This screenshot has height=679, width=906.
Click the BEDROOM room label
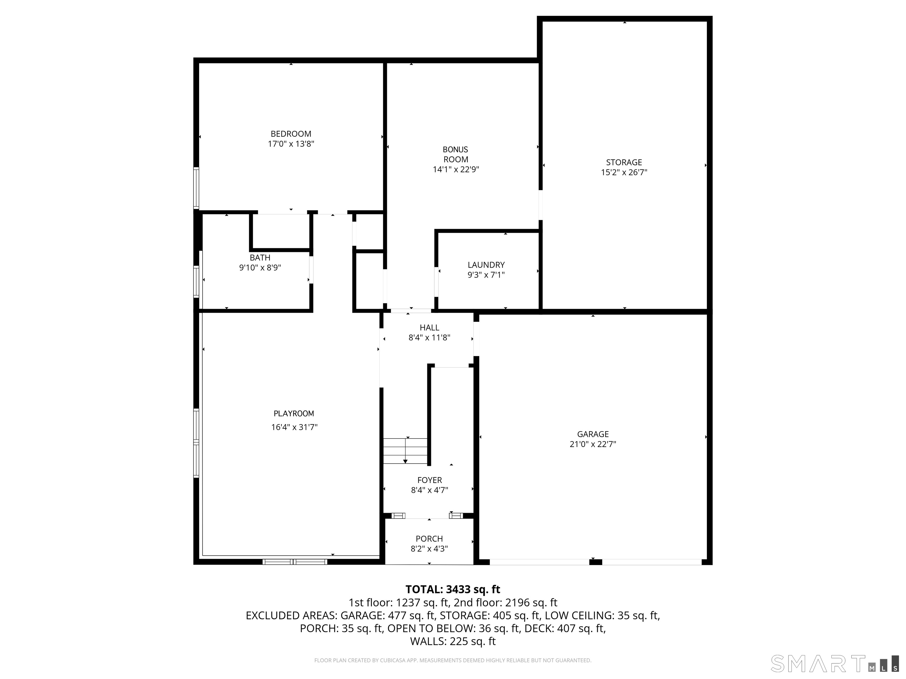291,134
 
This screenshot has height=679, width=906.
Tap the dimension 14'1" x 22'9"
455,169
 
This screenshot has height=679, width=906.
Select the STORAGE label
624,162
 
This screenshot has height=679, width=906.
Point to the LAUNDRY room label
486,265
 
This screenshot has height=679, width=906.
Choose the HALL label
429,327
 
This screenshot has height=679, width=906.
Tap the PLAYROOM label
294,413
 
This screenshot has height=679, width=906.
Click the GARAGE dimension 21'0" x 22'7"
593,444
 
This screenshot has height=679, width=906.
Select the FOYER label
429,480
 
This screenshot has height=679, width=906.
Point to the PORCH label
429,539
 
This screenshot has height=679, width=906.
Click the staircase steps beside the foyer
405,451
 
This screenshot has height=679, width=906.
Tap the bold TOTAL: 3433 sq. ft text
453,589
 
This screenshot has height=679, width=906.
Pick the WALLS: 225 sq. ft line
453,641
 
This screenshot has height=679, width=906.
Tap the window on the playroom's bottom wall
295,562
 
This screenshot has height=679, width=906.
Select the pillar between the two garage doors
595,562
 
